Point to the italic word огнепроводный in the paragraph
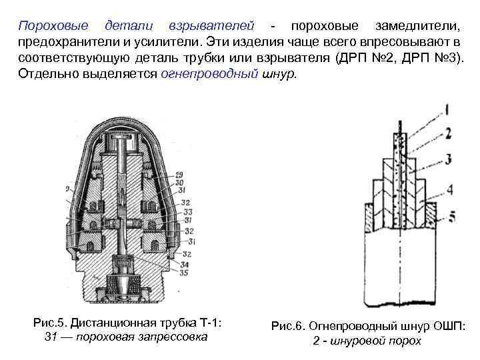(209, 73)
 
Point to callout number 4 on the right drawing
(450, 190)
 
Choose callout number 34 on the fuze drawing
(184, 264)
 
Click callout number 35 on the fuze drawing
(184, 273)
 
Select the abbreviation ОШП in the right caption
(447, 326)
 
